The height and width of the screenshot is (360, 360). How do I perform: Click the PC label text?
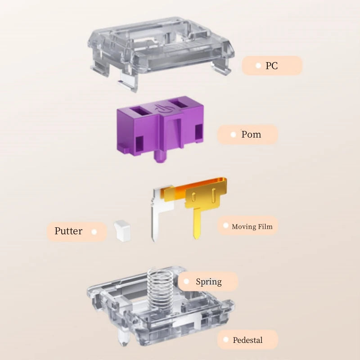click(272, 66)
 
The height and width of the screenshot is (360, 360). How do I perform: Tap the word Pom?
click(251, 135)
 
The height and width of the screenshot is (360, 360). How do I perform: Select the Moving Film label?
click(252, 227)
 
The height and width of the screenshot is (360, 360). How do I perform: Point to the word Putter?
click(68, 231)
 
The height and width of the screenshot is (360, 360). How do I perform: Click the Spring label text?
click(209, 282)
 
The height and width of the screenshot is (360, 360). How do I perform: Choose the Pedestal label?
click(247, 340)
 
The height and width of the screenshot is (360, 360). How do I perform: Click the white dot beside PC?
click(258, 66)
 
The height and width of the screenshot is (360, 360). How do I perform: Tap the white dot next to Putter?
click(94, 232)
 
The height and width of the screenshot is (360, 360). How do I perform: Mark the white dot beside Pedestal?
click(226, 339)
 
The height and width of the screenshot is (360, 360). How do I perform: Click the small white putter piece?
click(122, 230)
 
